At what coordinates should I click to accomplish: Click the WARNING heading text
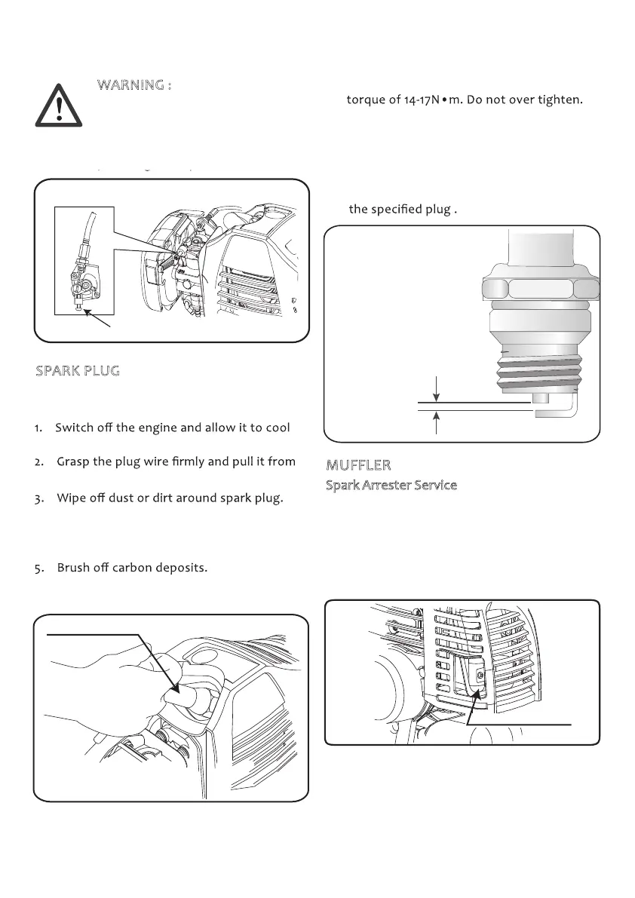[134, 84]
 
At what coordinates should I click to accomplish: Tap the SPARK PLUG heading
[78, 372]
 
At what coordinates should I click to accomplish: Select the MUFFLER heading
[358, 464]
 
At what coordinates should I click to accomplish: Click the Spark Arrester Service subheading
[391, 485]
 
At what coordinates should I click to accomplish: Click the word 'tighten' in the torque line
[559, 100]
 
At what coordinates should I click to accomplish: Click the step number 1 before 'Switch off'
[38, 428]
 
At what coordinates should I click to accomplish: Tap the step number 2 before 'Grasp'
[38, 461]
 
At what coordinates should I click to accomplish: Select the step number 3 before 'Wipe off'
[38, 499]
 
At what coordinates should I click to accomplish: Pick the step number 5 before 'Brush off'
[38, 568]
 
